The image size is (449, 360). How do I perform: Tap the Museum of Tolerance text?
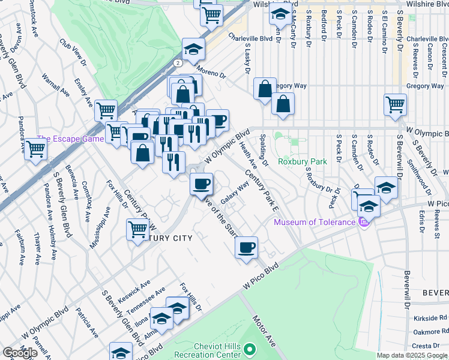point(315,223)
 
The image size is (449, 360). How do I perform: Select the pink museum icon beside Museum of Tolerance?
point(363,223)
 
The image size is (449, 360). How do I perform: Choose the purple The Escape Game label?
point(70,139)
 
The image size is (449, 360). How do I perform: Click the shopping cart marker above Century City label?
point(138,229)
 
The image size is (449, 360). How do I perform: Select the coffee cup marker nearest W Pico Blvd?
point(246,247)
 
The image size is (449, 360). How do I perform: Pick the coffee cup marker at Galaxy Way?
point(202,182)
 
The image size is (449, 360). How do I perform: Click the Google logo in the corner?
point(20,353)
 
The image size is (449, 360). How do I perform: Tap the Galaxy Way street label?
point(235,192)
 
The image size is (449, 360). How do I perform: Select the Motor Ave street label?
point(264,331)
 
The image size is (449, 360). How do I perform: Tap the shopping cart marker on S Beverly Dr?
point(395,104)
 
